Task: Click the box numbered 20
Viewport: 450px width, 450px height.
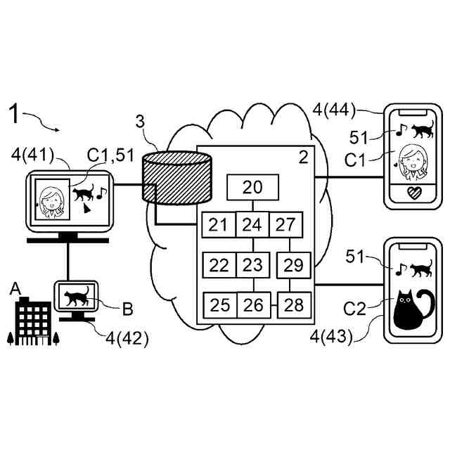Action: [252, 187]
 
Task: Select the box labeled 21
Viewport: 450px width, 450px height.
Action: [218, 225]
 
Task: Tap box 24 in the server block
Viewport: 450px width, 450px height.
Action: [252, 225]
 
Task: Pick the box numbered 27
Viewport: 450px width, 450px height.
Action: [285, 225]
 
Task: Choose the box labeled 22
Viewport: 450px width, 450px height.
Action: [219, 265]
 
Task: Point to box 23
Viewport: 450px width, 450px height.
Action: [251, 265]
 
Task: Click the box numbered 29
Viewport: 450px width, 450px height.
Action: [293, 265]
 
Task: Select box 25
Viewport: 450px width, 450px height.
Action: [220, 305]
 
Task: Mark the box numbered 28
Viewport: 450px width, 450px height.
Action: [294, 305]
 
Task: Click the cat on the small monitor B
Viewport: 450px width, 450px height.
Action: [77, 296]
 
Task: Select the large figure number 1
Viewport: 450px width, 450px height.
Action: [17, 113]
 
